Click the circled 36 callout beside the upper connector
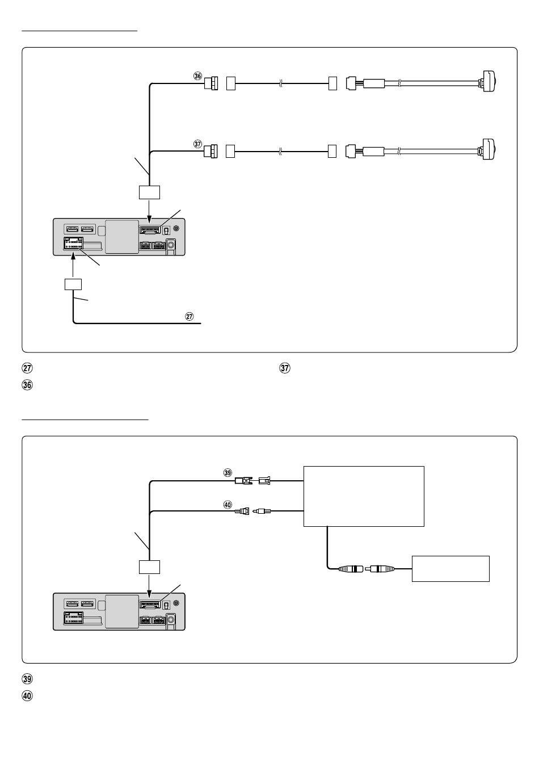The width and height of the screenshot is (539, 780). pos(197,76)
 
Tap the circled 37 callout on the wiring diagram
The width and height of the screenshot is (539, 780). pos(197,144)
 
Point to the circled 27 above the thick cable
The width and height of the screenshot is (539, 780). pos(190,316)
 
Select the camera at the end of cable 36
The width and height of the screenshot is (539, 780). pos(489,81)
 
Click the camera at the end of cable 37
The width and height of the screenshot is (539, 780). pos(489,149)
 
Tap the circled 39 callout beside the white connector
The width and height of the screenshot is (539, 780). pos(228,473)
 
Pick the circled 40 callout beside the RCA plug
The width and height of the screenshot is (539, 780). pos(228,503)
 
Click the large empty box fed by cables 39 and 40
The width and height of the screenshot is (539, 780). pos(364,496)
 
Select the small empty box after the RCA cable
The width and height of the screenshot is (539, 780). pos(450,568)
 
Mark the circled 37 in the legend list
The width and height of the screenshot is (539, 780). pos(285,368)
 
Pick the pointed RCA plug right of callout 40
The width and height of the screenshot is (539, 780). pos(262,511)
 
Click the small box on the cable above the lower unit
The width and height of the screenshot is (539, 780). pos(149,567)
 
